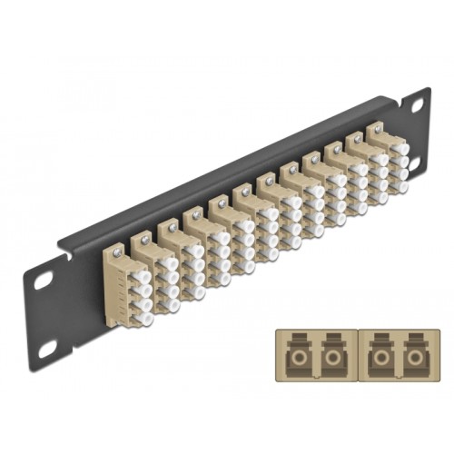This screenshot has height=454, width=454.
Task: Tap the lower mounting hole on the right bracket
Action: click(416, 163)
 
